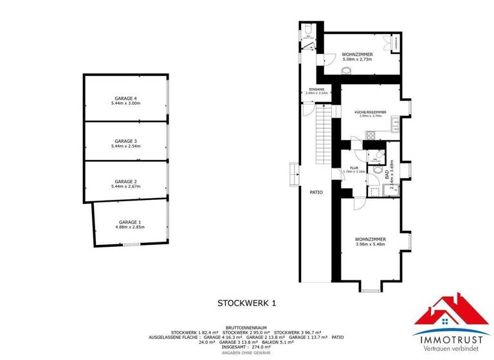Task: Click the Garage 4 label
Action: tap(125, 98)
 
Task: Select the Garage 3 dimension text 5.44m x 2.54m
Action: tap(126, 146)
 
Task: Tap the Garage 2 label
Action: tap(126, 181)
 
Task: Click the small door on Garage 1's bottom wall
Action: tap(131, 244)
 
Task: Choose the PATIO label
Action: tap(316, 192)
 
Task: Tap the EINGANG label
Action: tap(317, 89)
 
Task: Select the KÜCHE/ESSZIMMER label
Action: tap(370, 113)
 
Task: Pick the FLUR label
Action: tap(354, 168)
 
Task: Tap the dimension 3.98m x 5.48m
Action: tap(370, 244)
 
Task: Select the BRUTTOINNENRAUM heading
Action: tap(246, 327)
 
